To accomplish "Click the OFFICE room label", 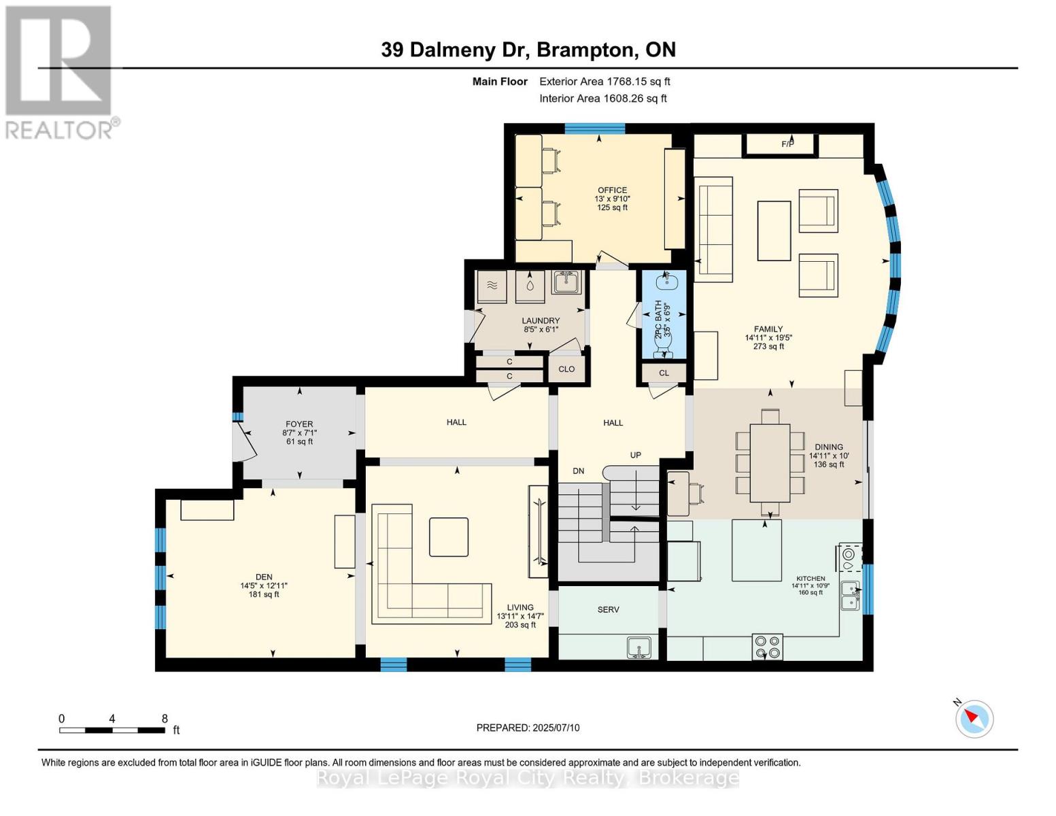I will [x=612, y=190].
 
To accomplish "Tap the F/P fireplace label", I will [x=787, y=144].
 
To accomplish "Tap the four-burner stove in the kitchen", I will [x=767, y=647].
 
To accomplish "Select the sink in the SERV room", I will [x=638, y=647].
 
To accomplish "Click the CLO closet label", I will [x=566, y=369].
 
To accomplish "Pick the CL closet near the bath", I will [x=664, y=373].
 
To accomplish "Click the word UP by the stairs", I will [x=635, y=455].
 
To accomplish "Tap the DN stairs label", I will [x=578, y=471].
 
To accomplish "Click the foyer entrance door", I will [x=243, y=441].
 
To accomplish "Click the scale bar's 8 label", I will [x=165, y=718].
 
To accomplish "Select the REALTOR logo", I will [x=60, y=71].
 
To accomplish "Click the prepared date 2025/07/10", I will [x=528, y=728].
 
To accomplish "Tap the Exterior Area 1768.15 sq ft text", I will [x=604, y=82].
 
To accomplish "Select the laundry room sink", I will [x=565, y=282].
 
